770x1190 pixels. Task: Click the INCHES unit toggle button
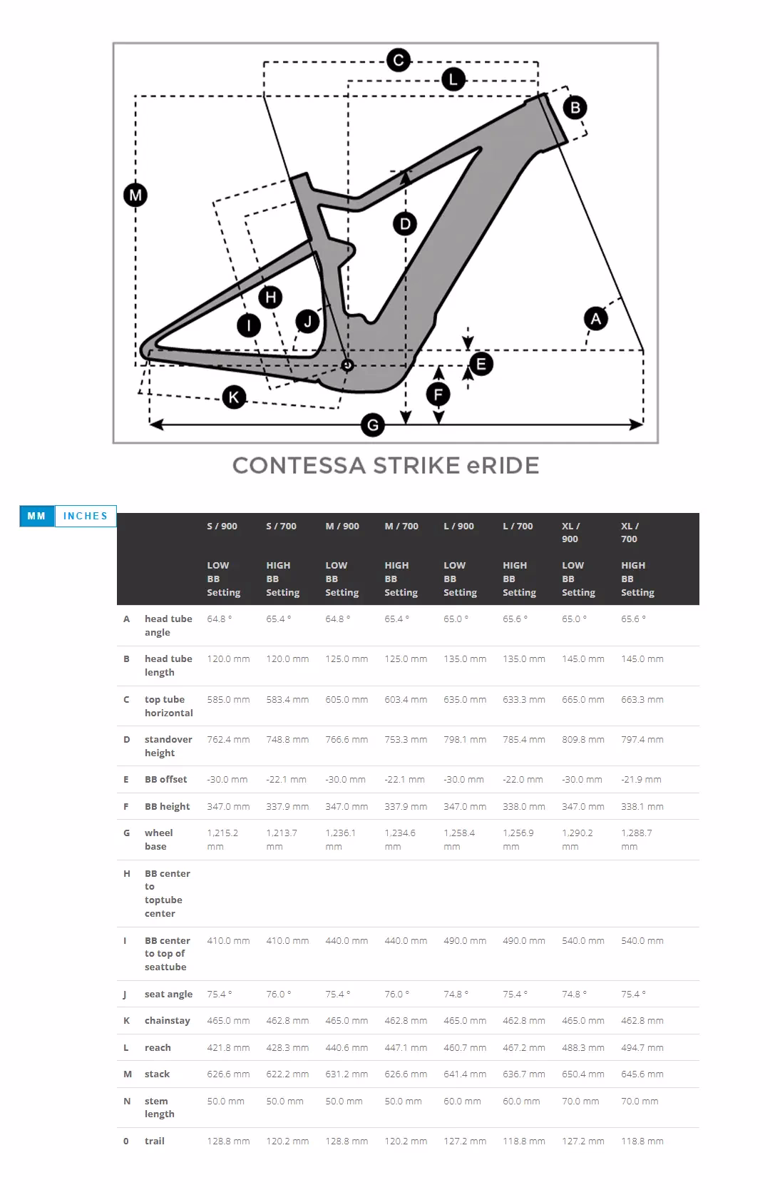click(x=85, y=516)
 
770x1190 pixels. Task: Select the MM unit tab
click(x=36, y=516)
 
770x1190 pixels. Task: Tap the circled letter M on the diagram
click(x=135, y=194)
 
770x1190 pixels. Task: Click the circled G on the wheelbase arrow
click(x=373, y=426)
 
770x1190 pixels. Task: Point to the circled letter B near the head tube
click(x=575, y=108)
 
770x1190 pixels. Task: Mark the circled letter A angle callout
click(x=595, y=318)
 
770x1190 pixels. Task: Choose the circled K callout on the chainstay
click(x=234, y=397)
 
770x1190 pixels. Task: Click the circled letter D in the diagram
click(x=405, y=224)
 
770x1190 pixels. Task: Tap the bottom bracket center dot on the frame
click(x=347, y=365)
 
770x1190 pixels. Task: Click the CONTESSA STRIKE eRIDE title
click(x=385, y=466)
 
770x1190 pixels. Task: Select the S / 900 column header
click(x=222, y=526)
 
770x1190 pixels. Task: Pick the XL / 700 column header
click(x=630, y=532)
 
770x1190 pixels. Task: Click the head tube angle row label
click(x=168, y=626)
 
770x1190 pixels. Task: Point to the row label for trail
click(x=155, y=1141)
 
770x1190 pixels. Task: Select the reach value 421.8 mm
click(x=228, y=1047)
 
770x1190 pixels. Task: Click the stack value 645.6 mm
click(x=642, y=1074)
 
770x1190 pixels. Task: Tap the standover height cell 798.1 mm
click(x=465, y=739)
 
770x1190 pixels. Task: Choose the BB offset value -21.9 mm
click(x=641, y=779)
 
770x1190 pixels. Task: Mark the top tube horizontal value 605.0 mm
click(x=346, y=699)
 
